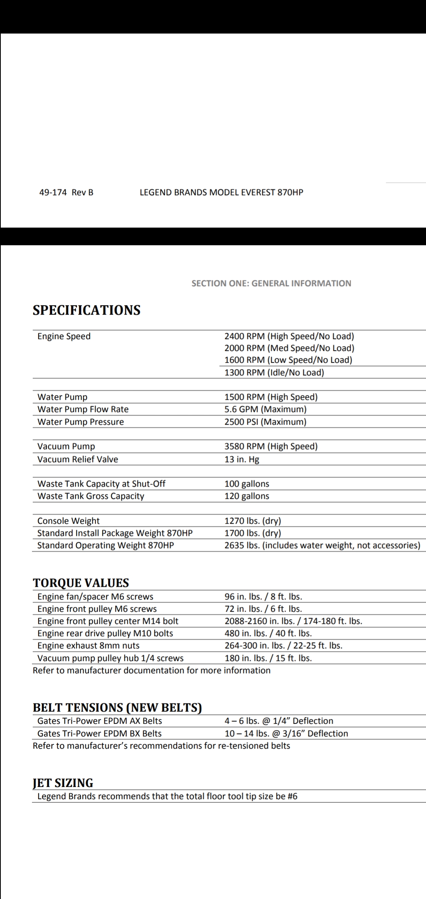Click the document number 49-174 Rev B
tap(66, 192)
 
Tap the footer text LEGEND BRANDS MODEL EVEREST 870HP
tap(221, 192)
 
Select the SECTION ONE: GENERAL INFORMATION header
tap(271, 283)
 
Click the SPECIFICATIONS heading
tap(86, 310)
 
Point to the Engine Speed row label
tap(64, 336)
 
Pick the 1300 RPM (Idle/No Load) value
tap(274, 373)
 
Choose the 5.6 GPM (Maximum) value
tap(265, 409)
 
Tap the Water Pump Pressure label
tap(80, 422)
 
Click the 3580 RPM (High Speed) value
tap(271, 446)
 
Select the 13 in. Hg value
tap(242, 459)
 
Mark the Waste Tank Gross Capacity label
tap(91, 496)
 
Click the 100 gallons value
tap(247, 484)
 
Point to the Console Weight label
tap(68, 521)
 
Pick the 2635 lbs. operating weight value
tap(322, 545)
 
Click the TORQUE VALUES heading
tap(81, 583)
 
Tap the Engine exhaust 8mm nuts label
tap(88, 645)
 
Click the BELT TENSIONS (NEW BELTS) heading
tap(117, 707)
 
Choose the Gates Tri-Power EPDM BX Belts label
tap(99, 733)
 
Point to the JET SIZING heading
tap(63, 783)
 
